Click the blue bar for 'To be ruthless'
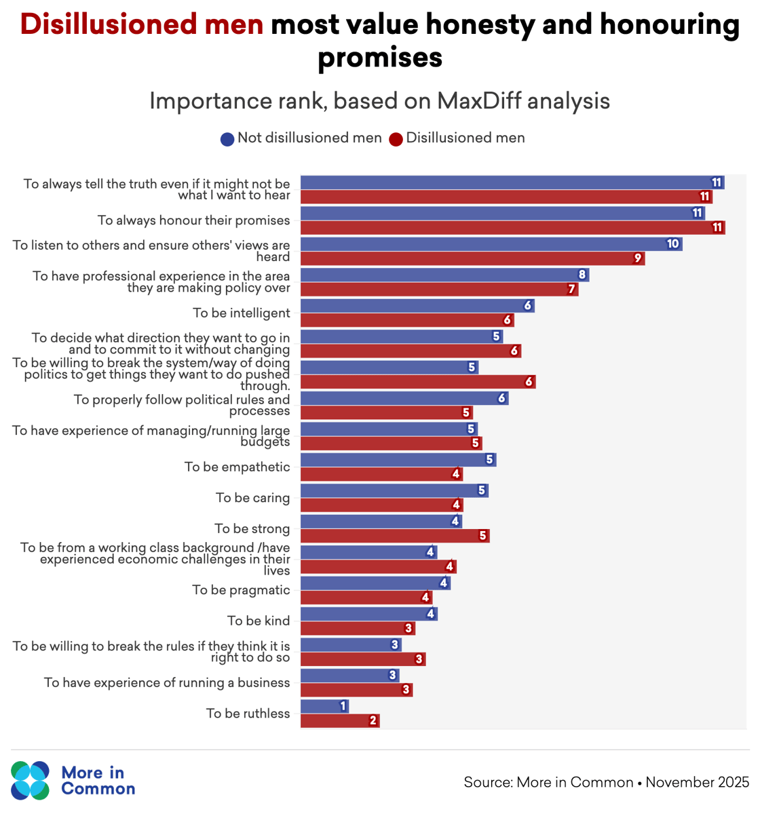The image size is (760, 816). pos(324,706)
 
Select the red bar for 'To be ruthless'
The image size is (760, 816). pos(339,720)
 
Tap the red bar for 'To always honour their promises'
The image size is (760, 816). pos(512,227)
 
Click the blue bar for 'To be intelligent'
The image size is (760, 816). pos(417,306)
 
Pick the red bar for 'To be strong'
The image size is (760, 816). pos(394,536)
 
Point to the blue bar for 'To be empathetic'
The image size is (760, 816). pos(398,460)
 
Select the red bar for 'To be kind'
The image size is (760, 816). pos(357,628)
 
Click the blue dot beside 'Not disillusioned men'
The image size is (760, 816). pos(227,139)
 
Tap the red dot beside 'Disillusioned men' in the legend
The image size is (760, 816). pos(396,139)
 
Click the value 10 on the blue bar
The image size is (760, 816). pos(672,244)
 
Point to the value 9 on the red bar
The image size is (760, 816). pos(637,258)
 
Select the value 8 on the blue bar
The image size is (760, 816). pos(582,275)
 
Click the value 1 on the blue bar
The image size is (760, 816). pos(343,706)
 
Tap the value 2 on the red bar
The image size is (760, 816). pos(373,720)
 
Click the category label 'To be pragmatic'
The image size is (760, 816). pos(241,590)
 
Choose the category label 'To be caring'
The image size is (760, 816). pos(252,498)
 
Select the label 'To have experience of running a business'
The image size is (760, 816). pos(167,682)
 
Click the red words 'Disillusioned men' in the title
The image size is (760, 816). pos(142,24)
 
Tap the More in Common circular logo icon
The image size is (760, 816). pos(31,780)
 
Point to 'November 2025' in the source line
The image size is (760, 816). pos(697,782)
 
